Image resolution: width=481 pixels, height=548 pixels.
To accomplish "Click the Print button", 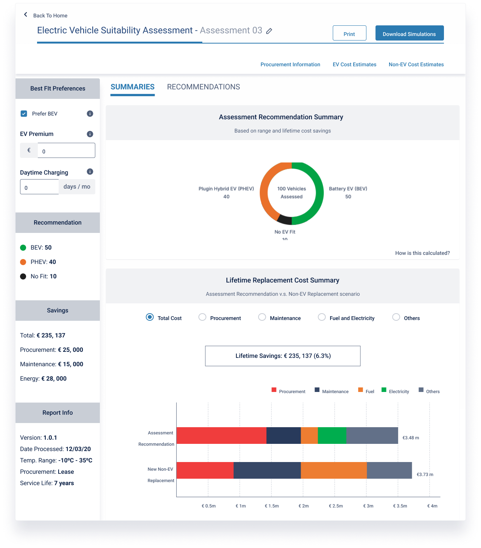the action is pos(349,33).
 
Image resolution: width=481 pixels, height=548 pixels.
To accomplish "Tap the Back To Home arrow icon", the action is pos(26,15).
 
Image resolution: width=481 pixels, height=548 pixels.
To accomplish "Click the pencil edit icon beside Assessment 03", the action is pos(269,31).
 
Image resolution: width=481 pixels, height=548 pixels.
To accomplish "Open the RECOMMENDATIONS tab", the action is pos(203,87).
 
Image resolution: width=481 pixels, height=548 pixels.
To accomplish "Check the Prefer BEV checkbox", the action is pos(24,114).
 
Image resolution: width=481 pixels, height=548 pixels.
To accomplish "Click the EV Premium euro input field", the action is pos(66,150).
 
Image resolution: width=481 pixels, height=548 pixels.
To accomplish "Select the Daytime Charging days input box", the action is pos(39,187).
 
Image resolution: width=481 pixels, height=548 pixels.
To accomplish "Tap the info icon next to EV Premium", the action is pos(90,134).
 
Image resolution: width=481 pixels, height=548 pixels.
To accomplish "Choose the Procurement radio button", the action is pos(202,317).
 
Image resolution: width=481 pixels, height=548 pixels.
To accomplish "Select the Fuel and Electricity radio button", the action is pos(322,317).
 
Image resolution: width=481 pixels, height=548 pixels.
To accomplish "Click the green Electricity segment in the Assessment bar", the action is pos(332,436).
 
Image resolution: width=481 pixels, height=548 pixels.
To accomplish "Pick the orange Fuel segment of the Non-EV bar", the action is pos(334,470).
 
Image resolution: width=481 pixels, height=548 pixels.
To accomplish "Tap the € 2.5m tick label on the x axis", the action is pos(336,506).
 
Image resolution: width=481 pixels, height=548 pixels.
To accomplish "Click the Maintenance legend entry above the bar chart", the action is pos(332,391).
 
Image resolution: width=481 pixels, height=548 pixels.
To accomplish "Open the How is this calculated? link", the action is pos(422,253).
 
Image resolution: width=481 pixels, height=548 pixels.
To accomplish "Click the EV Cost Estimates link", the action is pos(354,64).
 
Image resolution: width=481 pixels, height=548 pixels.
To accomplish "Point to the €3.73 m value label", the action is pos(425,475).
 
